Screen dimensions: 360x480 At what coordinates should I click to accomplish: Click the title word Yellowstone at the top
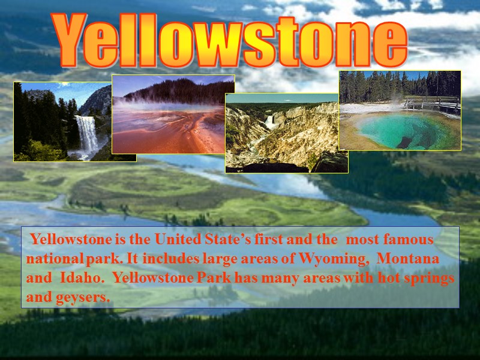(231, 41)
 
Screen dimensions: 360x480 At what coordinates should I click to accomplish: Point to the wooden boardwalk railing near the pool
(432, 103)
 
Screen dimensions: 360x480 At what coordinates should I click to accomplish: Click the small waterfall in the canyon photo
(269, 122)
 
